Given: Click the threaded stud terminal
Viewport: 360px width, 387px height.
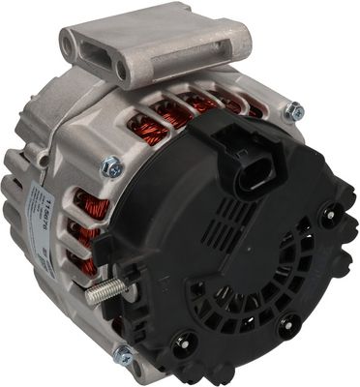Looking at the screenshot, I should (101, 294).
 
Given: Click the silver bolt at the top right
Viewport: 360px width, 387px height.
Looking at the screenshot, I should (294, 112).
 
